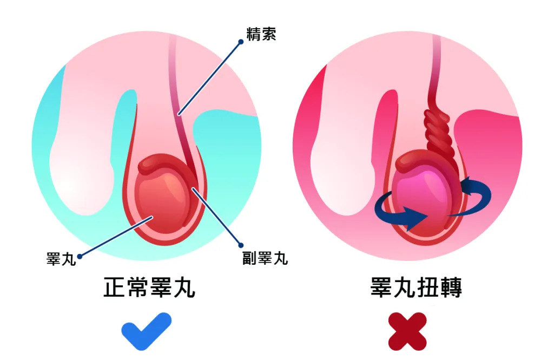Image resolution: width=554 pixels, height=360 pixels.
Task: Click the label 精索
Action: tap(261, 34)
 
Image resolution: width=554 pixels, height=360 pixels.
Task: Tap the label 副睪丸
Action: tap(265, 258)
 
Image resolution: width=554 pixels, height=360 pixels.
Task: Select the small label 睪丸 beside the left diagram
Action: tap(61, 259)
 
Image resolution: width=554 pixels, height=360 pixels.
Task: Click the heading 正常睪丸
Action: tap(149, 287)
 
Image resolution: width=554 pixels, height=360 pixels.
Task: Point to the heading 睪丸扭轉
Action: tap(416, 287)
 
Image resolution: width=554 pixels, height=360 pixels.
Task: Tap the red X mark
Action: tap(407, 331)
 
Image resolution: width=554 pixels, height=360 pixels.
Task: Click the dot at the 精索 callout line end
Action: tap(241, 42)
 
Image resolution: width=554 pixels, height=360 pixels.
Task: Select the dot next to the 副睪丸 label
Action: tap(241, 245)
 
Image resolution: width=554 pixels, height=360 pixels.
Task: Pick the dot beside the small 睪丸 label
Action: tap(80, 257)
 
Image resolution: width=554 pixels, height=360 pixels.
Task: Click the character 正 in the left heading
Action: tap(115, 287)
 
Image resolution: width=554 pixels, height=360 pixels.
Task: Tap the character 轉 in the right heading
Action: tap(451, 287)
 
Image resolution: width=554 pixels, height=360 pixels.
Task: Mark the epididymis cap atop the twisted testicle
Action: tap(417, 159)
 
